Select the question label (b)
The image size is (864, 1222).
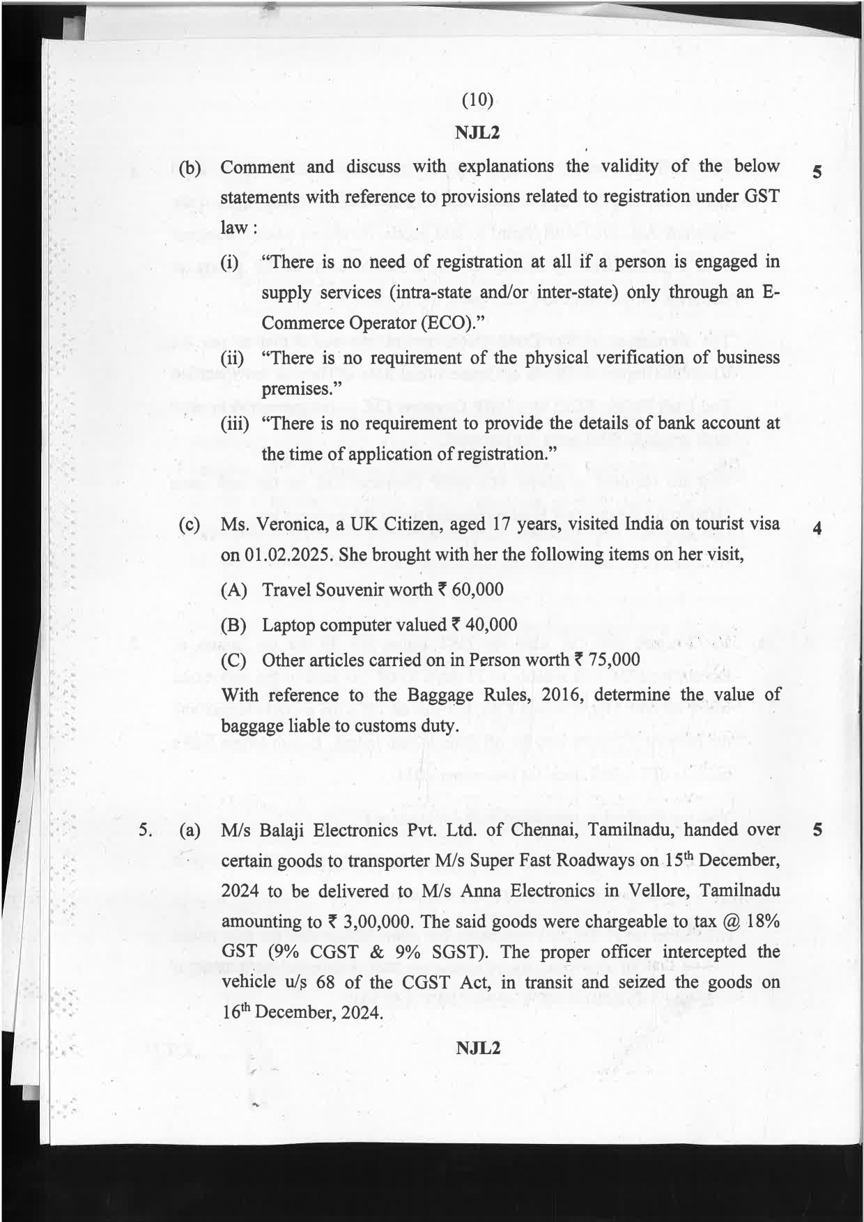190,169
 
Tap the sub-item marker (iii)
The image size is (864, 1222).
235,424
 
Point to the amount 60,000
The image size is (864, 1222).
477,589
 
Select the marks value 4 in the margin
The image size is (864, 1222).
817,529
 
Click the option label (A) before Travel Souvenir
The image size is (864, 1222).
233,591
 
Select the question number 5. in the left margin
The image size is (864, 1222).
145,830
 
